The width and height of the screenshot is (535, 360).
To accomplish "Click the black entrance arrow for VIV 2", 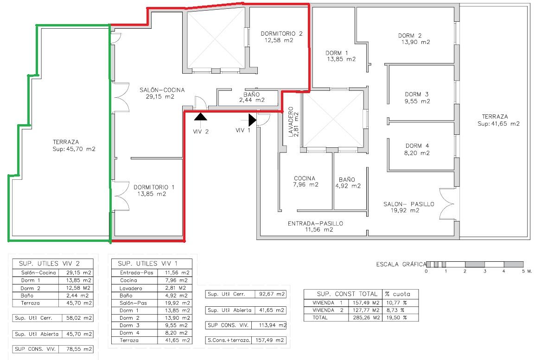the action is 201,117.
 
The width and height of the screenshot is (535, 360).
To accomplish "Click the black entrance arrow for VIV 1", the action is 252,120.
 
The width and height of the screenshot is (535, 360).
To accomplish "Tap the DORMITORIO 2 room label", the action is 281,34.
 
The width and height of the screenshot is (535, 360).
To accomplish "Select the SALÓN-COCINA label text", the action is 162,90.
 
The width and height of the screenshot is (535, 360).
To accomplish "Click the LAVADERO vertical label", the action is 291,122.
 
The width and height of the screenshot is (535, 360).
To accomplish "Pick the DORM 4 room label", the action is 417,146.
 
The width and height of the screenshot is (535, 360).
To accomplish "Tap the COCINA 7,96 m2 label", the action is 306,181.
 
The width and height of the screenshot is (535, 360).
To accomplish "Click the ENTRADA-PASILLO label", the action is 315,224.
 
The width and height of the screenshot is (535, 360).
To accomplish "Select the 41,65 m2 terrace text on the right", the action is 499,124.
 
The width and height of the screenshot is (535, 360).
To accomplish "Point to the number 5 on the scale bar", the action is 523,271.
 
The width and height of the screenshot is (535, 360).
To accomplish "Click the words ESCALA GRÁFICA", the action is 401,264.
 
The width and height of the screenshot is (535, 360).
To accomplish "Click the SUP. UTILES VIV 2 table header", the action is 49,264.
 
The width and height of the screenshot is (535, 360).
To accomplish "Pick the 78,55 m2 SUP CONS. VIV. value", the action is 79,349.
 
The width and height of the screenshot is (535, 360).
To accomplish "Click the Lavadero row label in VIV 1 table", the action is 131,288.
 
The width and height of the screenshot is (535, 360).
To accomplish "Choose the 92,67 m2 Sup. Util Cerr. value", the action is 272,294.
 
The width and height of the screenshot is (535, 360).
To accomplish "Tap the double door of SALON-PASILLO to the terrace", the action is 447,204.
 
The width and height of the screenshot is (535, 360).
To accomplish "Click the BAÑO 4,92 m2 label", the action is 348,183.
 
